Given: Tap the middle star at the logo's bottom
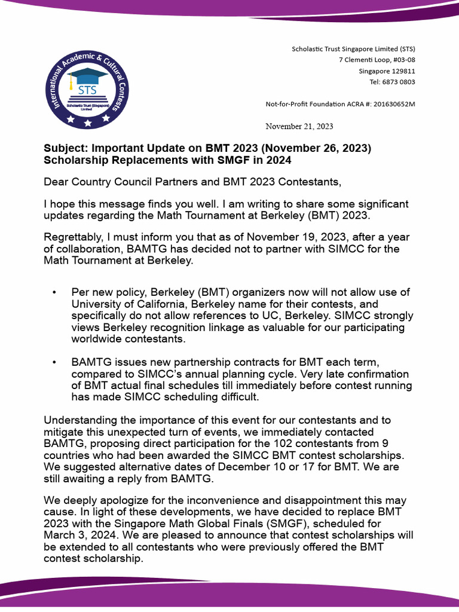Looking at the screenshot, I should click(88, 123).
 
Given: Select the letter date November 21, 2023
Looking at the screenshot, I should click(299, 126).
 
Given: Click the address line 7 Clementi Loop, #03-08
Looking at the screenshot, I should click(377, 60).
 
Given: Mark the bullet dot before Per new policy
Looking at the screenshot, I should click(55, 292).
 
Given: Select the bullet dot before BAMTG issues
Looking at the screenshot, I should click(55, 363).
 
